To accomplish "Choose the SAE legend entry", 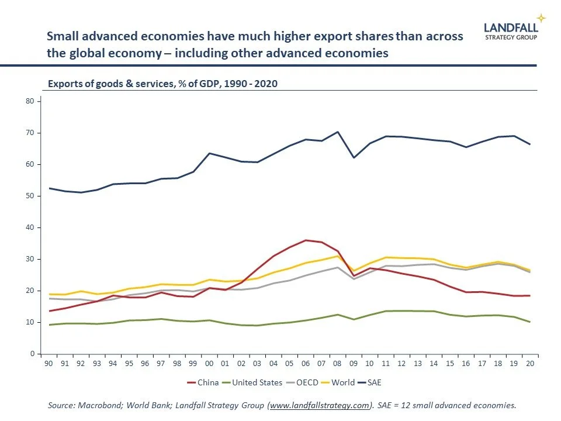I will (x=373, y=383).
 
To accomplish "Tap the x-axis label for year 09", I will (x=353, y=363).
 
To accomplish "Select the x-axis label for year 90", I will (x=49, y=363).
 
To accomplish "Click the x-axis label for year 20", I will (x=529, y=363).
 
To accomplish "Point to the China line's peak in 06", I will (x=305, y=240).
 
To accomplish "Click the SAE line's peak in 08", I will (x=337, y=132).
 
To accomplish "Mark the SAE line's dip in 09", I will (x=353, y=158).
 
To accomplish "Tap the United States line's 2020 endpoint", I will (x=529, y=322).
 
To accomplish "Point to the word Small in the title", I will (x=61, y=36).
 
